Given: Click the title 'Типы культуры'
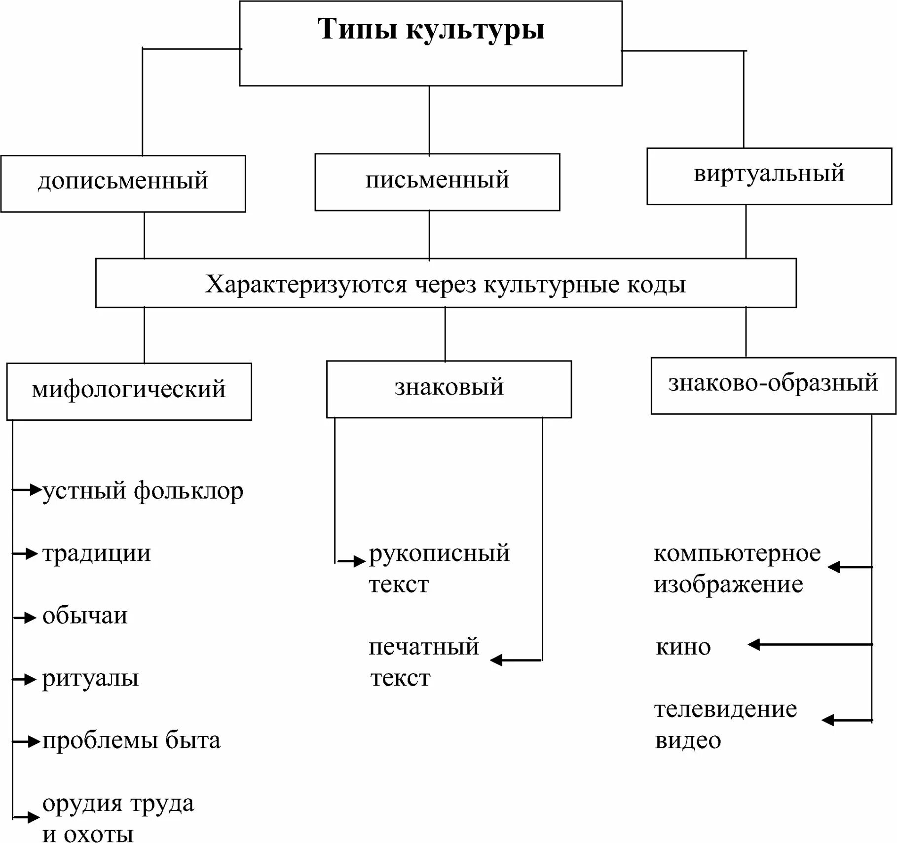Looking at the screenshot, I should [x=430, y=29].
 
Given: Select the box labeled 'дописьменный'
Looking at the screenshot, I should [x=123, y=183].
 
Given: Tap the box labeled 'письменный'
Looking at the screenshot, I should [x=437, y=182].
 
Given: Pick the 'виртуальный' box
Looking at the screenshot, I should [x=769, y=175].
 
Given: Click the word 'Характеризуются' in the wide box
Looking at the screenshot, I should [x=306, y=285].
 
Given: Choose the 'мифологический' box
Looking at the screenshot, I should [x=129, y=391].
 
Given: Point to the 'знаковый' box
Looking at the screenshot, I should [x=448, y=388].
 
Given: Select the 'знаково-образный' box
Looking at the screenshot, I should [x=773, y=385].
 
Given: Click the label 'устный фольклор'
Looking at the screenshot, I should [x=143, y=491].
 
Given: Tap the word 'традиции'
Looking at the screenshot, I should [x=96, y=553].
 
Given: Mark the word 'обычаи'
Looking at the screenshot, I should [x=85, y=616].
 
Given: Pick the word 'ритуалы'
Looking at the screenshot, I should [x=90, y=678].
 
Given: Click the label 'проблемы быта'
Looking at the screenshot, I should [x=131, y=741].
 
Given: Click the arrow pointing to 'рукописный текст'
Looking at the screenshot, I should [x=352, y=561].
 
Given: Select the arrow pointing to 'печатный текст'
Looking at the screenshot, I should [x=516, y=660].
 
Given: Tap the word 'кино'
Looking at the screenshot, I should [x=683, y=647].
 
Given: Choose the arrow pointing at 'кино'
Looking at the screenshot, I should [x=809, y=644].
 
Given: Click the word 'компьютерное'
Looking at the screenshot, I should [x=737, y=553].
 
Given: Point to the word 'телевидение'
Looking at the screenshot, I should [x=725, y=709].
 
